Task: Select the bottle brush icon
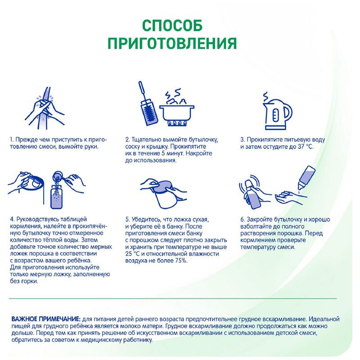point(148,103)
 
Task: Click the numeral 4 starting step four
point(11,219)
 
